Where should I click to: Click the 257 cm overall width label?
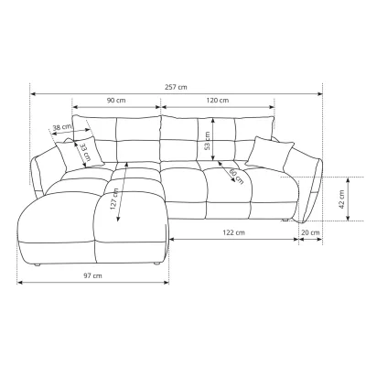click(x=176, y=87)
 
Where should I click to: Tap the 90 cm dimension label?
click(x=116, y=100)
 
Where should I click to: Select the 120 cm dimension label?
click(x=218, y=100)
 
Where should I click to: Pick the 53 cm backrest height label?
click(x=207, y=141)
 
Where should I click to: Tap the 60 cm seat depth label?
click(x=236, y=177)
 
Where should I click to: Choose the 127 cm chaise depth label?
click(x=114, y=199)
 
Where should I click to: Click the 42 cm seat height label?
click(x=341, y=199)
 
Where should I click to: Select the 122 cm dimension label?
click(x=233, y=232)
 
